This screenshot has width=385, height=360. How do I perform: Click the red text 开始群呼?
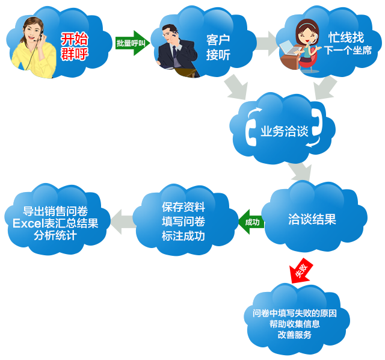click(x=75, y=46)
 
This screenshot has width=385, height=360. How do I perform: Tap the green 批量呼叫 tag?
click(x=130, y=43)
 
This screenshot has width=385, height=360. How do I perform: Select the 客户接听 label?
click(x=218, y=48)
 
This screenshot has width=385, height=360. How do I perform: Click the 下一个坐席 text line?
click(x=348, y=51)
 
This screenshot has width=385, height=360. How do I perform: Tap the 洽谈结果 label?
click(x=312, y=219)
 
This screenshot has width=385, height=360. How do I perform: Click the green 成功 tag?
click(x=252, y=222)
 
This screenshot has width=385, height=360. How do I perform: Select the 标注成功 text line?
click(x=183, y=236)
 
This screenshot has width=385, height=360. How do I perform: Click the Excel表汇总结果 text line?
click(x=55, y=223)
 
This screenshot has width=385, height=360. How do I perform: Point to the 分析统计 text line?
click(x=55, y=235)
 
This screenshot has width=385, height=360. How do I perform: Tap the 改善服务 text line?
click(x=295, y=335)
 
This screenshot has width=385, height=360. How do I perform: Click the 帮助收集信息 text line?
click(x=295, y=324)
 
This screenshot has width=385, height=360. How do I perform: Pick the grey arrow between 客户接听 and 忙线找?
click(x=268, y=44)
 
